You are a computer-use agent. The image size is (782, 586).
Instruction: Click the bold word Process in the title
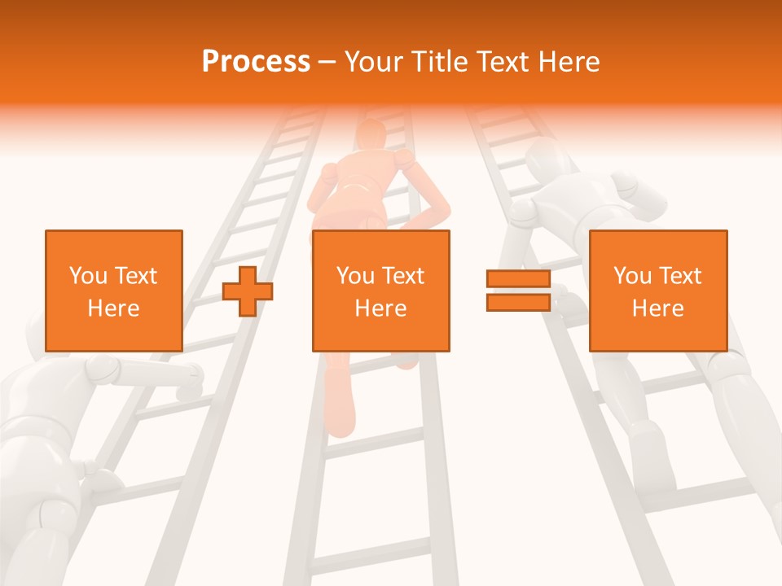click(x=256, y=61)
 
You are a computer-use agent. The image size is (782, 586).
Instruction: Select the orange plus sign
click(x=248, y=291)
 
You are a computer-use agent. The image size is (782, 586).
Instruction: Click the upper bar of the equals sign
click(x=518, y=279)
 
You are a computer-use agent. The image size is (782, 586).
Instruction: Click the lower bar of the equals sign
click(x=518, y=302)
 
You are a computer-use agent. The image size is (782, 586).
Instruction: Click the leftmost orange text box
click(x=113, y=291)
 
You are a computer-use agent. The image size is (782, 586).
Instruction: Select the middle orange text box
click(x=380, y=291)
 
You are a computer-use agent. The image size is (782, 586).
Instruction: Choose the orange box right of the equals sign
click(x=657, y=291)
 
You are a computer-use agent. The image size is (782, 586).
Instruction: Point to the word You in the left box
click(x=88, y=276)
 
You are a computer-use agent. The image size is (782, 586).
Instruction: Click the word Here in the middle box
click(x=380, y=308)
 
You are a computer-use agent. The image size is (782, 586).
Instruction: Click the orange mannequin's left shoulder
click(x=328, y=173)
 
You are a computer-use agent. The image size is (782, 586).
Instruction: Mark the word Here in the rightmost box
click(x=657, y=308)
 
